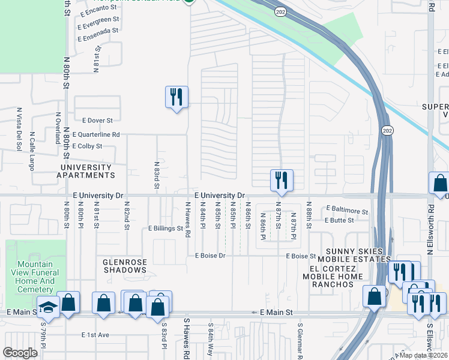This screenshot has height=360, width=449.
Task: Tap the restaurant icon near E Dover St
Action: [176, 97]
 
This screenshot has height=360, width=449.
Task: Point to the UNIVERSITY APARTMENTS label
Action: [85, 171]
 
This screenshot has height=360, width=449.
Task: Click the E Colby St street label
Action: [87, 146]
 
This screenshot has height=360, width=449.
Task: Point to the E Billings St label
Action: [165, 229]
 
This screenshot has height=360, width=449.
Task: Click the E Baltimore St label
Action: [347, 211]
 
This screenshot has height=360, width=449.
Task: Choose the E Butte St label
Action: [339, 220]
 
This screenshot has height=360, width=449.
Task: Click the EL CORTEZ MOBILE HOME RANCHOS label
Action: [336, 276]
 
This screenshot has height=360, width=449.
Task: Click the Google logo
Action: [20, 353]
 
